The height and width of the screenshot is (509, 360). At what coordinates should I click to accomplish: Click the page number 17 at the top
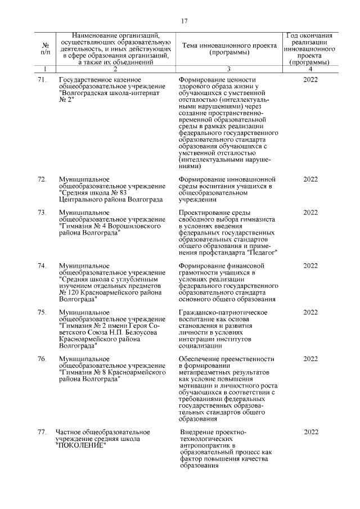click(184, 21)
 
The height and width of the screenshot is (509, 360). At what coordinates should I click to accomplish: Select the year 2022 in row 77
click(311, 432)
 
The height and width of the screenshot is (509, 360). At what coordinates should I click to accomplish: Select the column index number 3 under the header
click(228, 69)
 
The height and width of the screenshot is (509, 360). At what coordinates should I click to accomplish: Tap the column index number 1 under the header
click(45, 69)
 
